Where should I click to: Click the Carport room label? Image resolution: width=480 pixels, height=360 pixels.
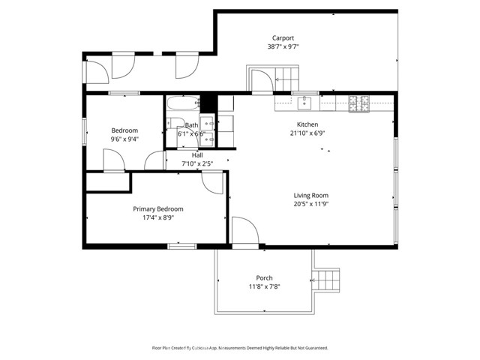point(283,37)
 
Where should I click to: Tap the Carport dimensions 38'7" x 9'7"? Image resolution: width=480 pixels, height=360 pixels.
point(283,46)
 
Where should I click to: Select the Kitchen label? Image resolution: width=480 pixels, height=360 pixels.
point(307,124)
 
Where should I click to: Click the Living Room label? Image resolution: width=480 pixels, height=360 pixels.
point(310,196)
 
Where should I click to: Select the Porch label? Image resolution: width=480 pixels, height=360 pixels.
point(264,278)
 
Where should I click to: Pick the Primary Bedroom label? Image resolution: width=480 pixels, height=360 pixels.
point(158,209)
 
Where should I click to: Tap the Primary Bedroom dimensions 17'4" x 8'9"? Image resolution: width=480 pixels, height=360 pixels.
point(158,218)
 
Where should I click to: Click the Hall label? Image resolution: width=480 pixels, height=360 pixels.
point(197,155)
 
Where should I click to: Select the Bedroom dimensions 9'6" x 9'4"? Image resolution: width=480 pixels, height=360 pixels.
point(124,139)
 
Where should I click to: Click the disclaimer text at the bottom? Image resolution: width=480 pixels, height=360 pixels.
point(240,348)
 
